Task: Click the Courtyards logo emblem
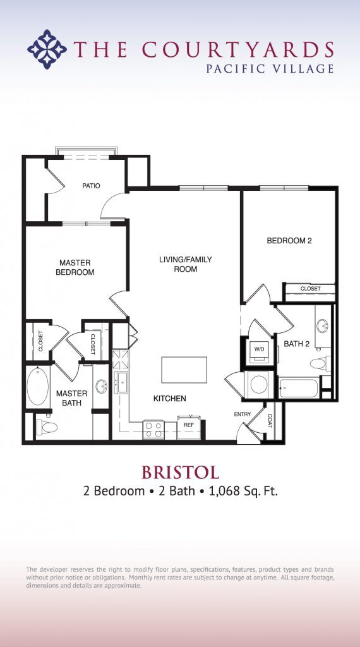(47, 49)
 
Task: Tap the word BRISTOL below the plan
(180, 472)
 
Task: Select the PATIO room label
(92, 186)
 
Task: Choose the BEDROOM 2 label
(289, 241)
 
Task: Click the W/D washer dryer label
(259, 348)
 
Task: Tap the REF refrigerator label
(189, 426)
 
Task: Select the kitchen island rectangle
(184, 370)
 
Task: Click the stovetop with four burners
(153, 430)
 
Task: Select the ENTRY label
(243, 414)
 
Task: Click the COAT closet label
(269, 421)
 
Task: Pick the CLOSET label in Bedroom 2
(310, 289)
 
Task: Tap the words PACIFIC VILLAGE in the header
(270, 68)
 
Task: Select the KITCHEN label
(170, 399)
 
